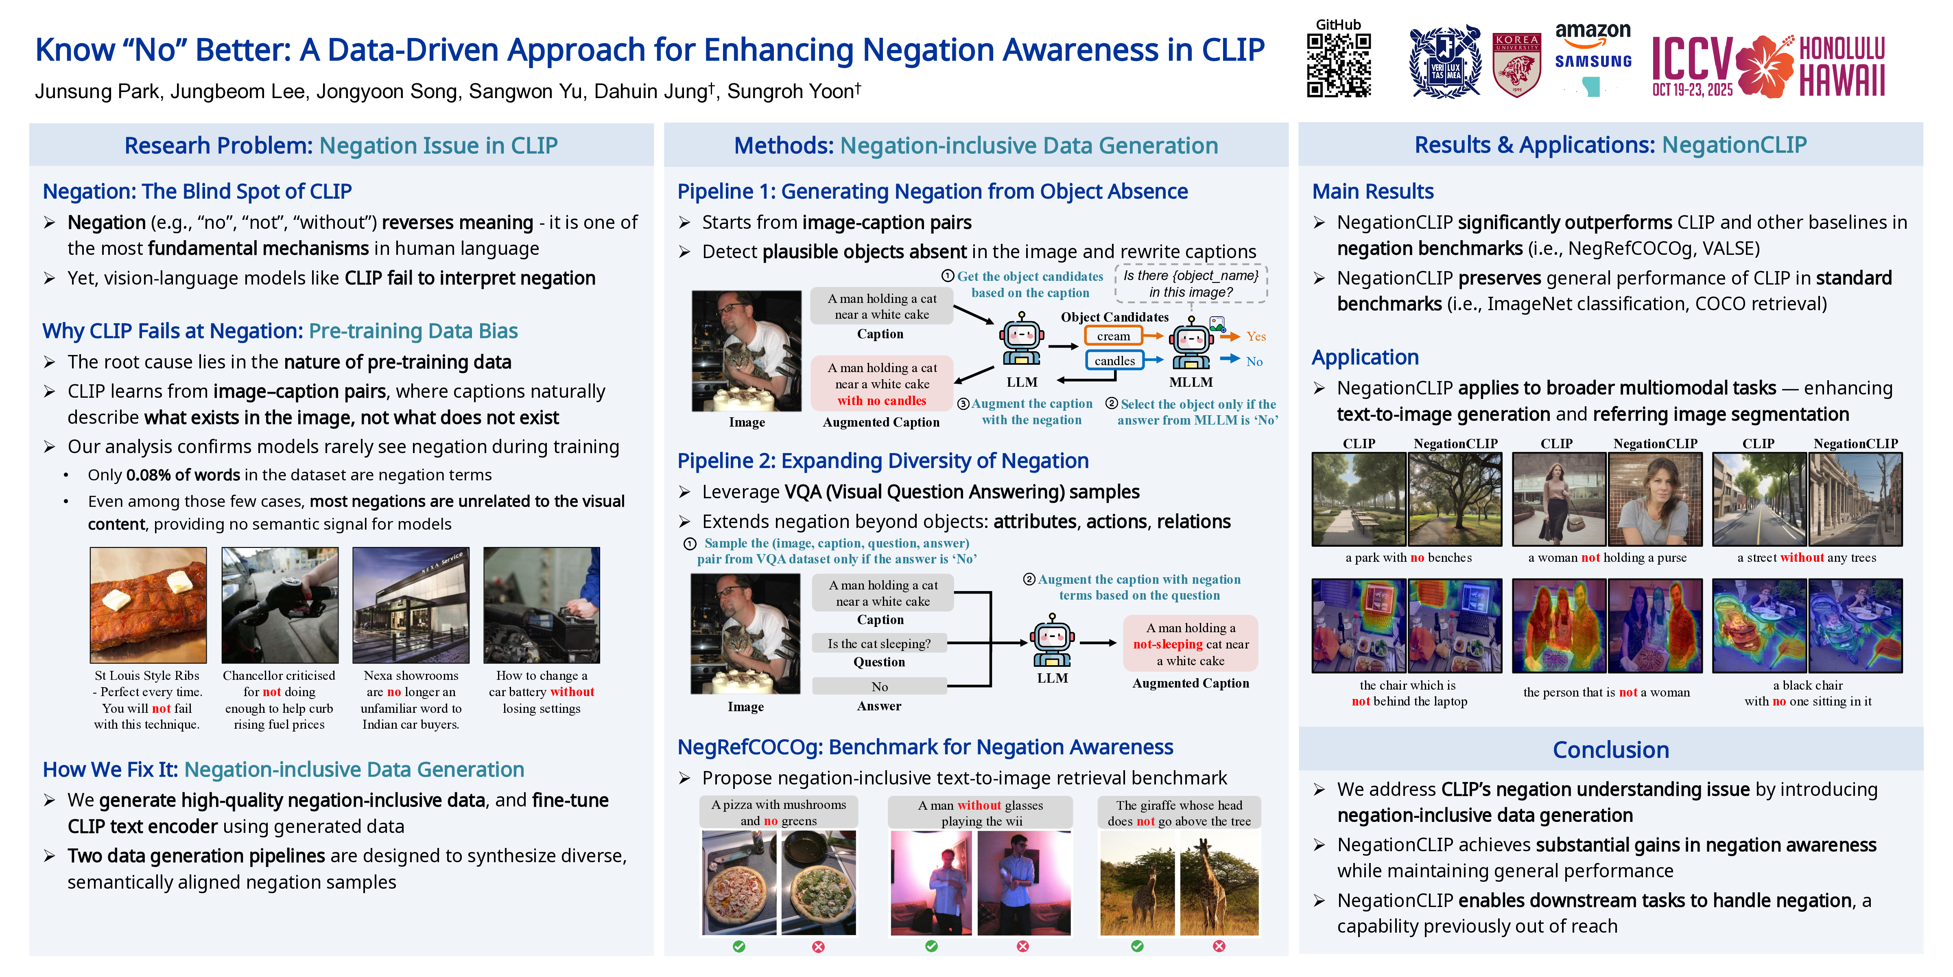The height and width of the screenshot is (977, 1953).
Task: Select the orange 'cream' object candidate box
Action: [1113, 336]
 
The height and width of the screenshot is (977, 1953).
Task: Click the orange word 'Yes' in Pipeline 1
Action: [1256, 336]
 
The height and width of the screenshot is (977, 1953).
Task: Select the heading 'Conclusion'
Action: [1610, 749]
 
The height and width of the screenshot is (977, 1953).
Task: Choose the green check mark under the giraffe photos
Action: [1136, 946]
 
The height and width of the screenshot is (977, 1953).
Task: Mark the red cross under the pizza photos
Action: [818, 946]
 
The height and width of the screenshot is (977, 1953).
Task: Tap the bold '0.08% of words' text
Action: [183, 475]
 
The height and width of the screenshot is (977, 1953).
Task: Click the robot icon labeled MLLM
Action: [1190, 345]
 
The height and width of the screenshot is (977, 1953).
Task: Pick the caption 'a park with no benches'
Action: [1408, 558]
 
